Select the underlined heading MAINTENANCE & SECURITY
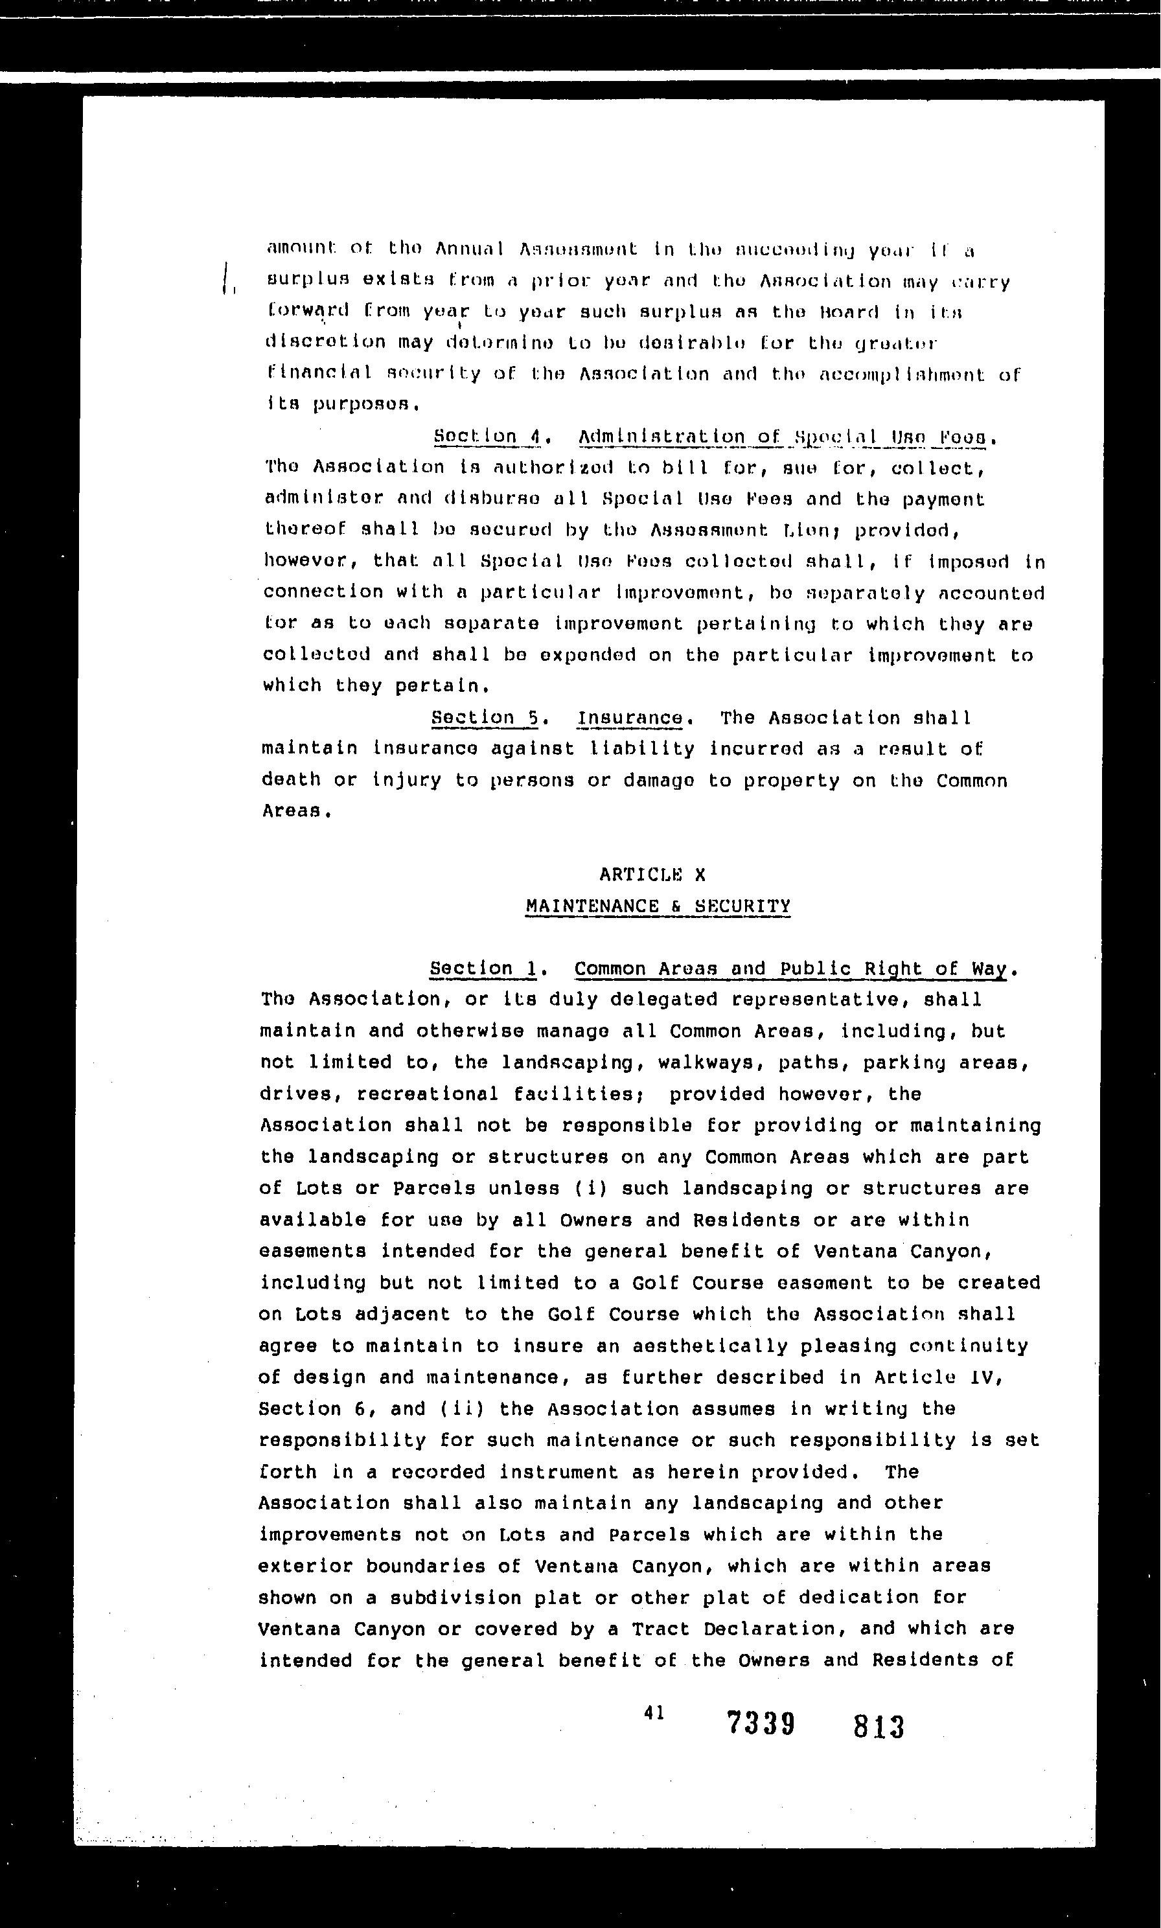(658, 906)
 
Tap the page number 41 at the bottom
(654, 1712)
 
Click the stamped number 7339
(761, 1723)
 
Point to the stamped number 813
(879, 1727)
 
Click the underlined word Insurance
(630, 717)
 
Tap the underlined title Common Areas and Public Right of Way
(790, 969)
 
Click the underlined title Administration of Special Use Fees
(785, 437)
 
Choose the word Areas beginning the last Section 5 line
(290, 811)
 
